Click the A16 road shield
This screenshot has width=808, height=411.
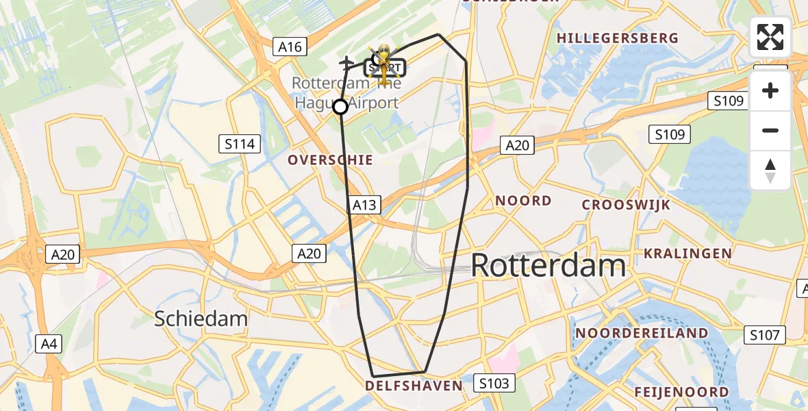[x=290, y=47]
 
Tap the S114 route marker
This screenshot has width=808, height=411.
[x=240, y=144]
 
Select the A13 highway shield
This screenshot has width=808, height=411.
[x=364, y=204]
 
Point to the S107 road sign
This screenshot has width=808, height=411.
[x=765, y=335]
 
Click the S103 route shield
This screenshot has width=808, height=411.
[x=494, y=383]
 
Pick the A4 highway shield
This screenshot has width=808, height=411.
[x=49, y=343]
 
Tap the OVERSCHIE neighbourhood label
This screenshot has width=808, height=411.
[x=330, y=160]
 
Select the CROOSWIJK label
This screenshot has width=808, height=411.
[x=626, y=205]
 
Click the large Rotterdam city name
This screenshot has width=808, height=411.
[x=548, y=265]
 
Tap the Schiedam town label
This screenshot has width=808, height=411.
[x=201, y=319]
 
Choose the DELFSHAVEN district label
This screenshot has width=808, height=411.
[x=414, y=386]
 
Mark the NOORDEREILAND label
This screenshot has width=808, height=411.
[x=642, y=333]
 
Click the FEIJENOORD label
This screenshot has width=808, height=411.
[x=681, y=392]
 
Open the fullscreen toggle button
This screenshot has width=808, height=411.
[x=770, y=37]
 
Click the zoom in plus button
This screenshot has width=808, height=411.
[x=770, y=90]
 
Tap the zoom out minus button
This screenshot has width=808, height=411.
[x=770, y=130]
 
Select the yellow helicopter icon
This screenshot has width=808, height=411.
[x=384, y=63]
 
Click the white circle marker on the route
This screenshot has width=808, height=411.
[x=340, y=107]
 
